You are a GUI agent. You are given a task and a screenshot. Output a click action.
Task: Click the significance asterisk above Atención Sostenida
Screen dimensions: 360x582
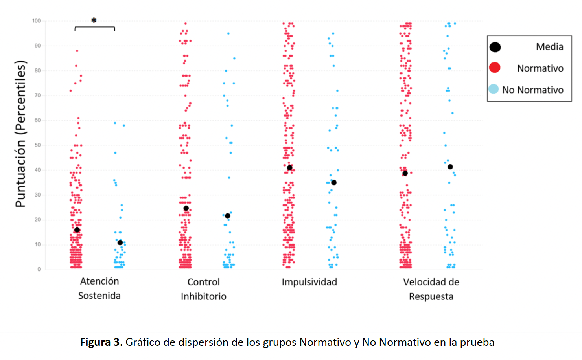click(x=94, y=20)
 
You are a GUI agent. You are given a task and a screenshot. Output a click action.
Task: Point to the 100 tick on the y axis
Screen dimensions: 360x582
click(x=37, y=21)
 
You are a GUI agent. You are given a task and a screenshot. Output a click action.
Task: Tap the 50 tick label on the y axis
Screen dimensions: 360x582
click(x=38, y=145)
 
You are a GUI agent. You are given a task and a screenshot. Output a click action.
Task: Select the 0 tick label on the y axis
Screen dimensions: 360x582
click(x=39, y=269)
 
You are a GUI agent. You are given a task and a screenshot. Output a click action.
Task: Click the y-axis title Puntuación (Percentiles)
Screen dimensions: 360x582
click(x=20, y=134)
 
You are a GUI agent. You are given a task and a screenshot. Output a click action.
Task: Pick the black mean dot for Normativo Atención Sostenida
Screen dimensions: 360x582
click(x=77, y=230)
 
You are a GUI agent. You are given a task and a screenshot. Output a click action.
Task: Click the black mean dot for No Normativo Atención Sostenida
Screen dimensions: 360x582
click(x=120, y=242)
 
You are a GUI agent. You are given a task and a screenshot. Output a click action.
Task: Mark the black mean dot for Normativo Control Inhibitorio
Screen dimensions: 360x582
click(x=186, y=208)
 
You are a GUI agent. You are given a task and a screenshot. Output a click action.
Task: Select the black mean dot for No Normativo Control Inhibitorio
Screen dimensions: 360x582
click(x=227, y=216)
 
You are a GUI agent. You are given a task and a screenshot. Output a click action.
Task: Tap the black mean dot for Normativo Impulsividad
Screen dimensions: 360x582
click(x=289, y=168)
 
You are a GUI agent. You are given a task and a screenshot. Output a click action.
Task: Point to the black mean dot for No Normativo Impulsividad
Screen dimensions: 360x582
click(x=334, y=182)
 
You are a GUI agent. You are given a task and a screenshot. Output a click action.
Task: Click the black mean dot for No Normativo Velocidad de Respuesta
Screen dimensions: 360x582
click(x=450, y=167)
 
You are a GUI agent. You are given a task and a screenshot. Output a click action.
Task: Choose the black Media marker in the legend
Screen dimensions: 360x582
click(x=495, y=47)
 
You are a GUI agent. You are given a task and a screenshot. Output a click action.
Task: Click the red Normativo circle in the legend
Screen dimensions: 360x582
click(x=495, y=68)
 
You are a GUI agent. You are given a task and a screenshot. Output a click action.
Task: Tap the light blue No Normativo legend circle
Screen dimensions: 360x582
click(x=494, y=89)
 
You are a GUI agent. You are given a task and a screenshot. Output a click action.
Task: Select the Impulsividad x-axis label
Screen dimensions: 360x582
click(x=309, y=282)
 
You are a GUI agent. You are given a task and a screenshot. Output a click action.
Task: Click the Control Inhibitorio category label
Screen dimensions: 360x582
click(x=203, y=289)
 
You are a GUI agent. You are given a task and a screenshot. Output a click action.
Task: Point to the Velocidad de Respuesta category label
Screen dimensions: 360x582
click(x=431, y=289)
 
